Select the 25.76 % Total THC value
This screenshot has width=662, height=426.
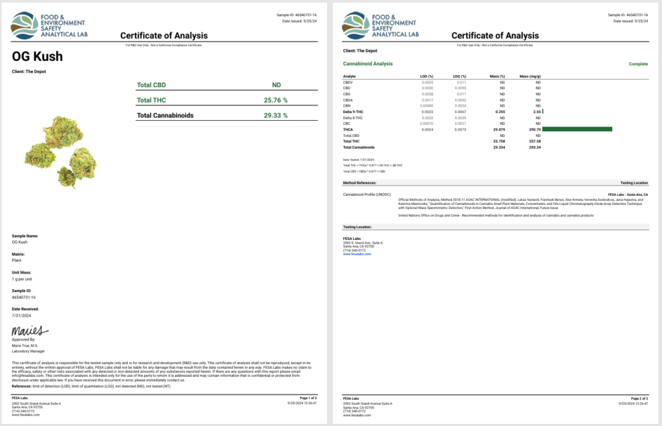tap(275, 100)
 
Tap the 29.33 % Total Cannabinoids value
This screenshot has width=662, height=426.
tap(275, 115)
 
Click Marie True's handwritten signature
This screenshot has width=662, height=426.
tap(30, 332)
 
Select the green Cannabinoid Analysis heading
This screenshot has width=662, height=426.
tap(367, 64)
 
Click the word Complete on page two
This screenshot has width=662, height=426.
tap(639, 64)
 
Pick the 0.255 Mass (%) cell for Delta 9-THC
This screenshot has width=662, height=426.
tap(499, 112)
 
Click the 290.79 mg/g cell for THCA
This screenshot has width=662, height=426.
tap(535, 129)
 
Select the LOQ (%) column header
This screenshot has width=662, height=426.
tap(458, 76)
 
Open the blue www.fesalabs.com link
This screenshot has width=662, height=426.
tap(357, 254)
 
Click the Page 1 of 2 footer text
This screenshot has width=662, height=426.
tap(308, 397)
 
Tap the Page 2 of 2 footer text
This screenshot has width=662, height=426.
tap(639, 397)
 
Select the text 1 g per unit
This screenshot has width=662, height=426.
tap(23, 278)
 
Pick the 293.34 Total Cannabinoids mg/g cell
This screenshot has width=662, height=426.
tap(534, 147)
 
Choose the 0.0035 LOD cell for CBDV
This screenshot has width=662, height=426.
tap(427, 83)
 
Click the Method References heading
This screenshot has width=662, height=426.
tap(363, 183)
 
